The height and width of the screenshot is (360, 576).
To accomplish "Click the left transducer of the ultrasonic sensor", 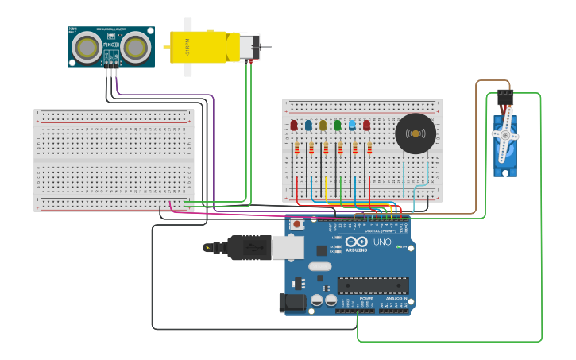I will (87, 48).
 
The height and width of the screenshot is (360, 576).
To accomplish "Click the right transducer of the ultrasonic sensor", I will (136, 48).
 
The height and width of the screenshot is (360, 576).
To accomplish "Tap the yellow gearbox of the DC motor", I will (198, 46).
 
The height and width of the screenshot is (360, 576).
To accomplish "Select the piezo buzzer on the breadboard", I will (416, 134).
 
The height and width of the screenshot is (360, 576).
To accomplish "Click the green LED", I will (338, 125).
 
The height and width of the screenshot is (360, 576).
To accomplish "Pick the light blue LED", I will (352, 125).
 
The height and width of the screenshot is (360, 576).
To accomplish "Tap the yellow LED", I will (323, 125).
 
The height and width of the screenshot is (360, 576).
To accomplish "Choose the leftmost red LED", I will (294, 125).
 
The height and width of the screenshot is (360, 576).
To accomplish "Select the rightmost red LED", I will (366, 125).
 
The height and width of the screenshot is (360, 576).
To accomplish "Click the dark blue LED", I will (308, 125).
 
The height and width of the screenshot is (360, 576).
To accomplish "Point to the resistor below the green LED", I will (340, 148).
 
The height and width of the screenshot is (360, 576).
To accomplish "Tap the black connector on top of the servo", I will (505, 99).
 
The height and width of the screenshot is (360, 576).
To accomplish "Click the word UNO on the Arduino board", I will (382, 242).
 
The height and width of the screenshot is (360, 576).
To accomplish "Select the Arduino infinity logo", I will (357, 241).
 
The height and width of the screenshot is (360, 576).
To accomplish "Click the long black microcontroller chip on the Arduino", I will (373, 285).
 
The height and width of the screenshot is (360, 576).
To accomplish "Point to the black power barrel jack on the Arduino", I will (292, 303).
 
